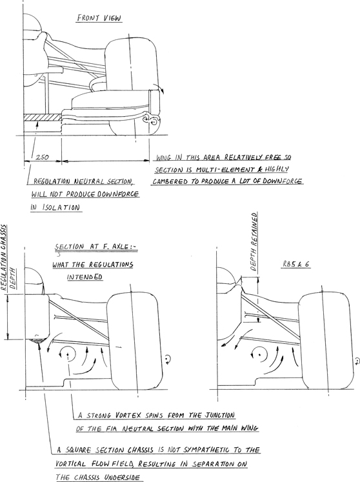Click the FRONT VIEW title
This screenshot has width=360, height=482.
(x=99, y=18)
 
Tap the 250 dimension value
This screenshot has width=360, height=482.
(x=42, y=157)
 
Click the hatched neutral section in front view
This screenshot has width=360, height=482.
(x=43, y=117)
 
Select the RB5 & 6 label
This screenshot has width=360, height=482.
(x=296, y=264)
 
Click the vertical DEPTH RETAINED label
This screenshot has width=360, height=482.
(x=254, y=242)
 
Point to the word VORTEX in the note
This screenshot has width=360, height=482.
(x=128, y=416)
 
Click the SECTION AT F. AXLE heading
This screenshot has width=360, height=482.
(x=96, y=246)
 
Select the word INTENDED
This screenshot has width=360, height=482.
(x=85, y=277)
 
